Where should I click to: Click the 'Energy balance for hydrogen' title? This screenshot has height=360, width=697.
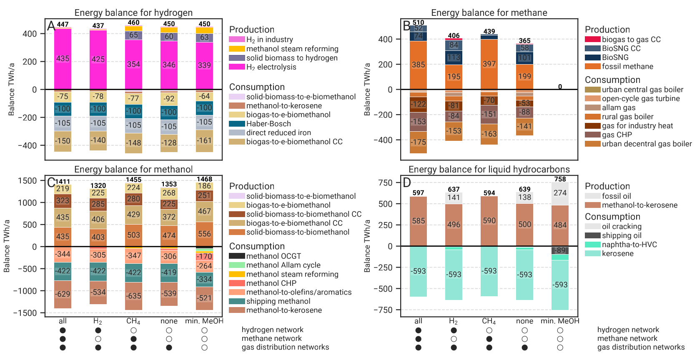tap(133, 13)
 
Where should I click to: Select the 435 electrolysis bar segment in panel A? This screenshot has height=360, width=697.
tap(63, 59)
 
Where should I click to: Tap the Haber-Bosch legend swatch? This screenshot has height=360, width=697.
tap(237, 124)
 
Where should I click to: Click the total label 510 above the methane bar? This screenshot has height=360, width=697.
tap(418, 22)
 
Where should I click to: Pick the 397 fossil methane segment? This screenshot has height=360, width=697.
tap(489, 64)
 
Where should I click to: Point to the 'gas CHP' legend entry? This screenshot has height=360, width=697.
tap(617, 135)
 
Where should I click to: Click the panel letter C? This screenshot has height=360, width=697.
tap(51, 182)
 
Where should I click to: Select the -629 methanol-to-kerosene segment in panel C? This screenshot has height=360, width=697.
tap(63, 294)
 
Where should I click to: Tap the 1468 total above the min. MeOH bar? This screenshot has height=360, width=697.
tap(204, 179)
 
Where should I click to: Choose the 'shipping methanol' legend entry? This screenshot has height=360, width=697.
tap(278, 301)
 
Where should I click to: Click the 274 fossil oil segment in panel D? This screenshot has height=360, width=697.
tap(560, 193)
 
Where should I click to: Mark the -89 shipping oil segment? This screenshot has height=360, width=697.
tap(560, 250)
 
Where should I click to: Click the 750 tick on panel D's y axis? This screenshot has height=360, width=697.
tap(387, 183)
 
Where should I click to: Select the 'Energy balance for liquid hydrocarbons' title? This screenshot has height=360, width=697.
tap(489, 170)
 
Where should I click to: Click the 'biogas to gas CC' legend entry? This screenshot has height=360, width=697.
tap(631, 40)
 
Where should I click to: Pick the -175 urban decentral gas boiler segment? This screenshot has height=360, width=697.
tap(418, 142)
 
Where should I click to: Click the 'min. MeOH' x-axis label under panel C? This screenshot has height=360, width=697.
tap(204, 321)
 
